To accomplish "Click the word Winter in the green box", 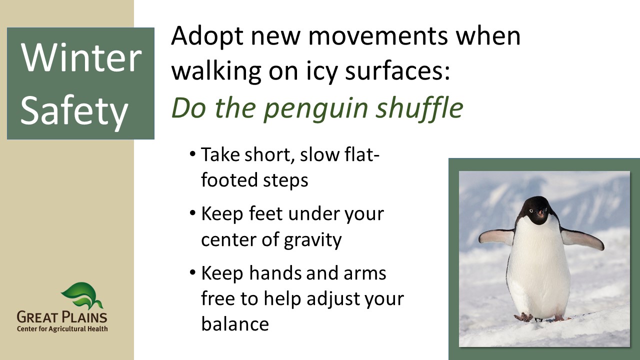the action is (81, 58).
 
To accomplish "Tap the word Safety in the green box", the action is (74, 111).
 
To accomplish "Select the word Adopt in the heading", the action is (207, 37).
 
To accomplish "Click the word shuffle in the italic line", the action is (419, 107).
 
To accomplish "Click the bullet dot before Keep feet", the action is (192, 213).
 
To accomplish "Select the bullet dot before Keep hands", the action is (192, 273).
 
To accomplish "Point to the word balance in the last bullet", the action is (235, 323).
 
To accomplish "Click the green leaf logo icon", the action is (82, 295).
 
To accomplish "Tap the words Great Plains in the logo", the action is (62, 317).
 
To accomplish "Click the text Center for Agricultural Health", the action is (62, 329).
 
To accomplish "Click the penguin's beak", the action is (540, 213).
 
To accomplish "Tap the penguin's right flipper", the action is (496, 237).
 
